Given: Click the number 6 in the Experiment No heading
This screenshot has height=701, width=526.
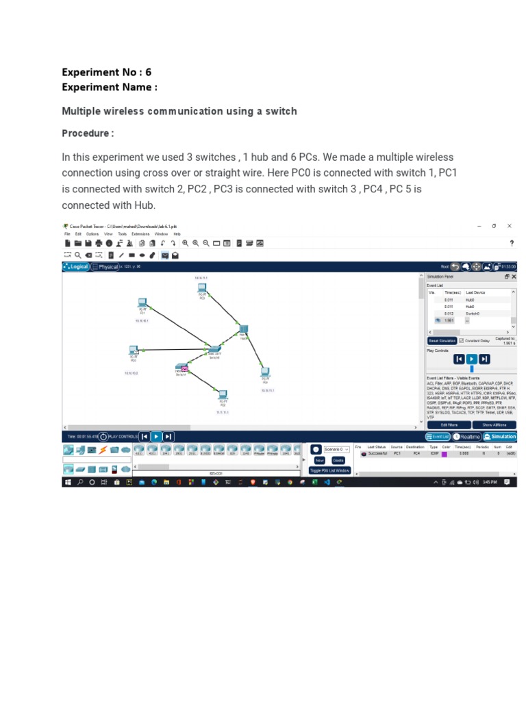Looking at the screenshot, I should (148, 72).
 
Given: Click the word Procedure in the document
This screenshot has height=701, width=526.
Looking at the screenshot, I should (86, 133).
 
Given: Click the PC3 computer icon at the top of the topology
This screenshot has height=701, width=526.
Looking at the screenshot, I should (202, 289).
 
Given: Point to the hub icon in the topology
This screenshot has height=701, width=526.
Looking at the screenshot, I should (243, 331).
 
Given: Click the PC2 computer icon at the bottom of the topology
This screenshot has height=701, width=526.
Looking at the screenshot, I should (223, 395).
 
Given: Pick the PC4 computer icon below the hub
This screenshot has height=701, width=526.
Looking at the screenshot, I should (265, 374).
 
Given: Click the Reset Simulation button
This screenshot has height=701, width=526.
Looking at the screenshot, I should (442, 340).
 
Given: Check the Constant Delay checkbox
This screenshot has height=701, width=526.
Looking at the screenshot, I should (462, 340).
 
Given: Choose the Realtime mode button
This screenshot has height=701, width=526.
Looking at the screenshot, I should (467, 436).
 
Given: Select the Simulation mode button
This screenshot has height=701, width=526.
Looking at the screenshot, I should (500, 436).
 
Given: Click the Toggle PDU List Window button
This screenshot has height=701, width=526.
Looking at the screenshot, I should (330, 470).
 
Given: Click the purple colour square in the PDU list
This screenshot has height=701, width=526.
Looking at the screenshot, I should (444, 453).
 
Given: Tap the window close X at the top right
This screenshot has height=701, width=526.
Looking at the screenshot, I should (509, 226).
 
